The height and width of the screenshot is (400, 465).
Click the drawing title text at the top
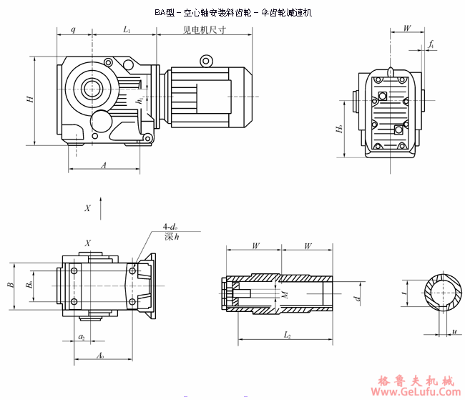tap(233, 13)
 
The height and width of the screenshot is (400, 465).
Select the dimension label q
tap(74, 30)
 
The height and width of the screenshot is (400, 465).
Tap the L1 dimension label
tap(127, 30)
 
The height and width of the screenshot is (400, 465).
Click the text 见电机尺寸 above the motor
tap(204, 30)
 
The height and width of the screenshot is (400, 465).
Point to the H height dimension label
tap(30, 99)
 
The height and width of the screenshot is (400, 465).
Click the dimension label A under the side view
tap(104, 165)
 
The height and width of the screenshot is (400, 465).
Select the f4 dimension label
tap(431, 45)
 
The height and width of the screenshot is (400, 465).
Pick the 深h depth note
tap(171, 237)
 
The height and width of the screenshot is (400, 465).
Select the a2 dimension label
tap(82, 336)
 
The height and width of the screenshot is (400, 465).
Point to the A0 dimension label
tap(100, 355)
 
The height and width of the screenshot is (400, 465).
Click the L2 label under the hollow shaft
tap(286, 334)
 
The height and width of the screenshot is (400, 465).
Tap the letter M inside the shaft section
tap(285, 294)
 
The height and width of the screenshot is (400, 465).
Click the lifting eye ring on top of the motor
tap(207, 62)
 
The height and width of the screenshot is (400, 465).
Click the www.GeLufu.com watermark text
tap(413, 391)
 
